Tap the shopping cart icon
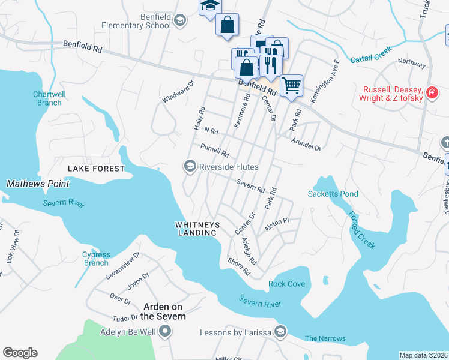pos(291,85)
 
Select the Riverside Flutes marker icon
pos(190,166)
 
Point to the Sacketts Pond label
pos(333,194)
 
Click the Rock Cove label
pos(286,284)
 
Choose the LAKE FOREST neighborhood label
pos(96,169)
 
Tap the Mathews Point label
pos(37,183)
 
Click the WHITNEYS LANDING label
pos(197,229)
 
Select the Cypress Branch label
pos(96,259)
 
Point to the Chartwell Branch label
pos(49,98)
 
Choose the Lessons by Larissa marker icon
pos(280,332)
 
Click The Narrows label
pos(325,338)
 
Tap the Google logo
pos(20,353)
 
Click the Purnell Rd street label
pos(214,150)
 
